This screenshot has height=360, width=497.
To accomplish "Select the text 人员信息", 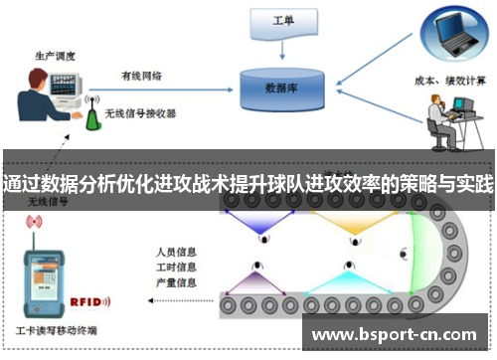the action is point(177,251).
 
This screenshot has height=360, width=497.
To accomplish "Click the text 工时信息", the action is point(177,267).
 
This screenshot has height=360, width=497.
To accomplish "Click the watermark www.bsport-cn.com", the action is point(395,335).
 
